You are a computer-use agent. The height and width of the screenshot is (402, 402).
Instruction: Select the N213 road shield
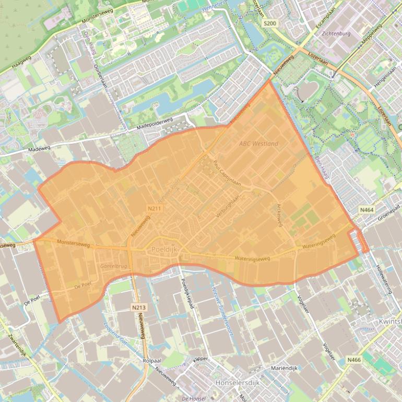tap(138, 308)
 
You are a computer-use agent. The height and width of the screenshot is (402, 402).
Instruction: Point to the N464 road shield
tap(367, 210)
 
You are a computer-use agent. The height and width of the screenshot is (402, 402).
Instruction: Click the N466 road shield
tap(354, 360)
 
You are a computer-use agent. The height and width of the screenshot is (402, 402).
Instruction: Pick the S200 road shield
tap(269, 24)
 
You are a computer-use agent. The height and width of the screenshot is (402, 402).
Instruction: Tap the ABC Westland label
tap(258, 144)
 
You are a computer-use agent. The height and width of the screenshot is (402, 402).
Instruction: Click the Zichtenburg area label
tap(336, 33)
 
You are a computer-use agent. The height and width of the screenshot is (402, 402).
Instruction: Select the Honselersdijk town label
tap(237, 383)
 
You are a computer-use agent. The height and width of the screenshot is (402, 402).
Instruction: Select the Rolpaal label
tap(150, 361)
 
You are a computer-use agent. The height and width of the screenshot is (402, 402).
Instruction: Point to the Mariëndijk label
tap(284, 368)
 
